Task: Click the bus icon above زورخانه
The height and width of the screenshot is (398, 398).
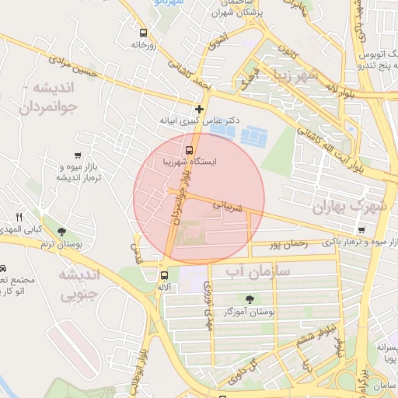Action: pyautogui.click(x=142, y=33)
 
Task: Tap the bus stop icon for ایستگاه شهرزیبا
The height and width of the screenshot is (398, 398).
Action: pyautogui.click(x=189, y=149)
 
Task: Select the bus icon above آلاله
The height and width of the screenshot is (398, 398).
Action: pyautogui.click(x=163, y=274)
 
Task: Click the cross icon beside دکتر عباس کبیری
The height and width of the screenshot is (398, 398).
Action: pyautogui.click(x=200, y=109)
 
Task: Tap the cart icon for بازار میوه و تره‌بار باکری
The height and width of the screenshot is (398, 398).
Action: pyautogui.click(x=363, y=229)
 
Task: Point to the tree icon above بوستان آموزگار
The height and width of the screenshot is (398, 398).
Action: pyautogui.click(x=249, y=299)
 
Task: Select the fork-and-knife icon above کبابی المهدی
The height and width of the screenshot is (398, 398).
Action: pyautogui.click(x=19, y=217)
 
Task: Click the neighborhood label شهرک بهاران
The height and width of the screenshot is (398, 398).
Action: pyautogui.click(x=349, y=208)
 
